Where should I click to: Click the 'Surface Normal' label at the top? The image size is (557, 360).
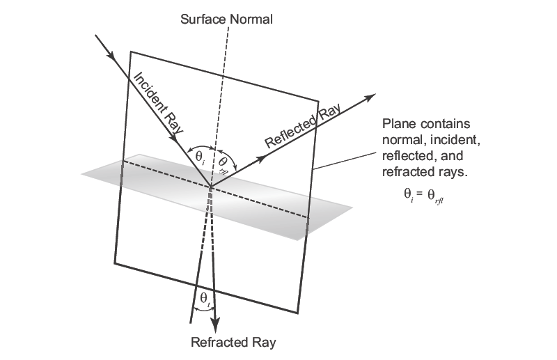pos(226,19)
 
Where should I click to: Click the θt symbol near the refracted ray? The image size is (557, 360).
pos(204,299)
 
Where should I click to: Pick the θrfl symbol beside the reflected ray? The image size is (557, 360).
pos(223,162)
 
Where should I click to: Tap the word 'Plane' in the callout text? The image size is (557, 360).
pos(398,125)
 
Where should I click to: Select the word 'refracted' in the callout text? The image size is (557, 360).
pos(406,171)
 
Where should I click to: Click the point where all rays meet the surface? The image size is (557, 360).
pos(210,186)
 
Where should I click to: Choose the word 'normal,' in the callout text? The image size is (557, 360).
pos(403,140)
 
